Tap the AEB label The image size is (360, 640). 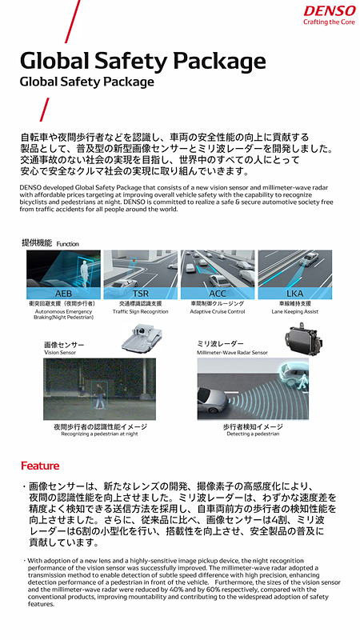tap(63, 294)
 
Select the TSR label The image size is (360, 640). tap(140, 294)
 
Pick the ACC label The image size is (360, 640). tap(218, 294)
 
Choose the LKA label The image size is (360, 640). tap(295, 294)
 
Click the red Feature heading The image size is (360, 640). tap(40, 466)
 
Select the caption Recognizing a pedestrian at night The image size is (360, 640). tap(95, 434)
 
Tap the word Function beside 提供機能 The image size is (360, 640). tap(67, 243)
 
